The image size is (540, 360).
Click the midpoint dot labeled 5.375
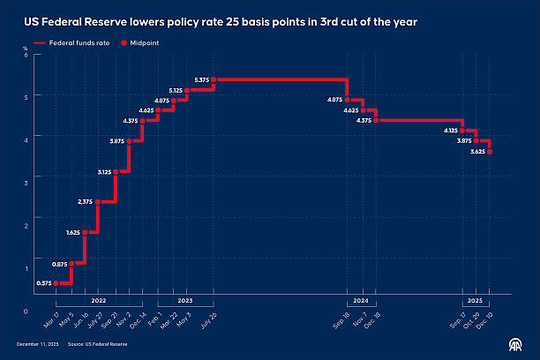point(213,80)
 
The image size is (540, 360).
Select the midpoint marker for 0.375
point(56,283)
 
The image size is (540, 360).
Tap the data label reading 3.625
point(477,152)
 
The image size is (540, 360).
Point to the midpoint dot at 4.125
point(462,131)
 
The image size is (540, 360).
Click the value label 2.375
point(86,202)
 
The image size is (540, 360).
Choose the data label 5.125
point(175,90)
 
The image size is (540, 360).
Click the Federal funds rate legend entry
point(73,41)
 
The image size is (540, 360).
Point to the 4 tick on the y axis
point(26,139)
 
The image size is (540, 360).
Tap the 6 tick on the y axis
point(26,55)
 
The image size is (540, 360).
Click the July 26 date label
point(208,317)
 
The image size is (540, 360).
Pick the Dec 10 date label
point(485,317)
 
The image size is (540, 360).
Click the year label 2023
point(185,301)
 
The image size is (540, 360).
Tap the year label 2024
point(361,301)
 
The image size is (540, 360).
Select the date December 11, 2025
point(36,342)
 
